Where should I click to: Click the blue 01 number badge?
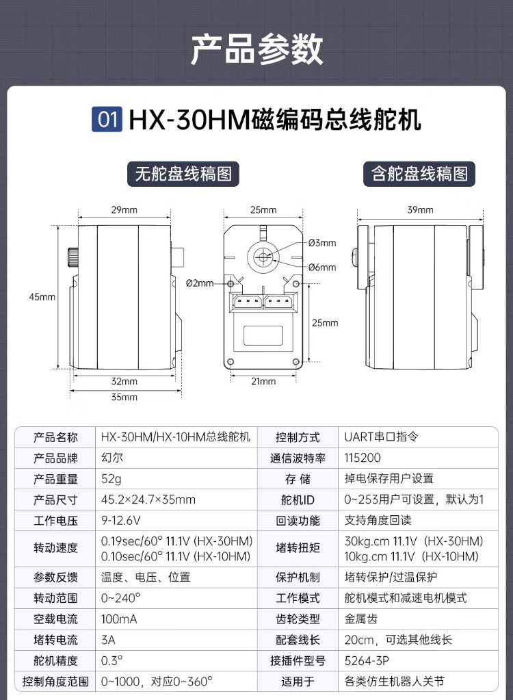pyautogui.click(x=107, y=119)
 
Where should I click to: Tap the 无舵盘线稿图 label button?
pyautogui.click(x=183, y=174)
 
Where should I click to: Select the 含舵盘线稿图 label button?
pyautogui.click(x=419, y=174)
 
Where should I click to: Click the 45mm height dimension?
pyautogui.click(x=42, y=297)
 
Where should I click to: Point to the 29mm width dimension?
pyautogui.click(x=124, y=210)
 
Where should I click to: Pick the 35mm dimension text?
pyautogui.click(x=124, y=397)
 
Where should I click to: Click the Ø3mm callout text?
pyautogui.click(x=322, y=243)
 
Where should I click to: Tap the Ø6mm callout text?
pyautogui.click(x=322, y=268)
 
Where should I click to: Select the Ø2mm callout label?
pyautogui.click(x=200, y=283)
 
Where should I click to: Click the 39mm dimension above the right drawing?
pyautogui.click(x=420, y=210)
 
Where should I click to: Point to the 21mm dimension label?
pyautogui.click(x=263, y=381)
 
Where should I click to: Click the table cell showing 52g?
pyautogui.click(x=111, y=479)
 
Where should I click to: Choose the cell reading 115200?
pyautogui.click(x=363, y=458)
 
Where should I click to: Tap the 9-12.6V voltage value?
pyautogui.click(x=121, y=521)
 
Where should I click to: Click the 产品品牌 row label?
pyautogui.click(x=55, y=458)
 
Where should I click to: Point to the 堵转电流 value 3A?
pyautogui.click(x=108, y=640)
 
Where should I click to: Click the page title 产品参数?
pyautogui.click(x=256, y=49)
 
